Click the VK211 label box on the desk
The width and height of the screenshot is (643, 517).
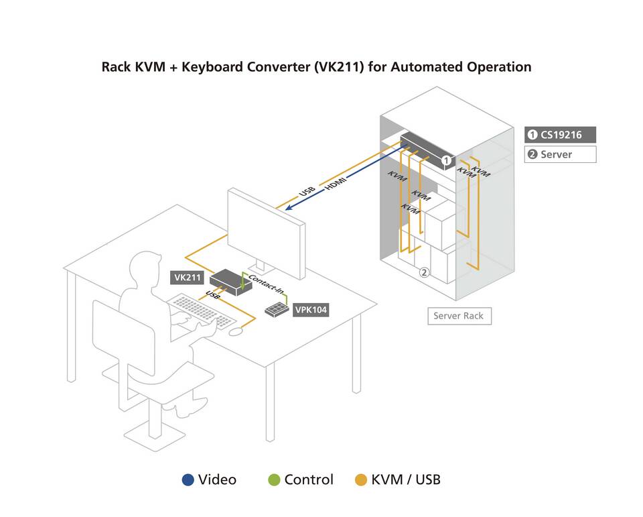coord(187,278)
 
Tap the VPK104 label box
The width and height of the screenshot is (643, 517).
coord(311,310)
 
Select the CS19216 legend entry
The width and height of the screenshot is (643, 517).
coord(560,135)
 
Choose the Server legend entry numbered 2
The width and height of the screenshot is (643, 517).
coord(560,154)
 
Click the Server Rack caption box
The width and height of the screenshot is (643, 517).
coord(459,316)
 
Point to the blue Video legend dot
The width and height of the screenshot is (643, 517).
coord(188,479)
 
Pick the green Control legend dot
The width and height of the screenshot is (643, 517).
coord(274,479)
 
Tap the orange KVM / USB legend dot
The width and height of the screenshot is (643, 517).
coord(361,479)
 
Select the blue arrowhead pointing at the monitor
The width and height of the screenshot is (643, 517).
coord(289,207)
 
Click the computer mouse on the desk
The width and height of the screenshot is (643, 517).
coord(236,331)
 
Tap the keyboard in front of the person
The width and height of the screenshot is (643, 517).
coord(202,311)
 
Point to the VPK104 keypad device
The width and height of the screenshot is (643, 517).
coord(277,309)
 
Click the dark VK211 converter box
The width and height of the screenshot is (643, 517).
coord(230,282)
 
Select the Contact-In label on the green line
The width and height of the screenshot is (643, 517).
coord(266,284)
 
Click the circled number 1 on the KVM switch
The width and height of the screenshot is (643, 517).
coord(446,161)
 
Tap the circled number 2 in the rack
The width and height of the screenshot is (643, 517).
coord(425,272)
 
